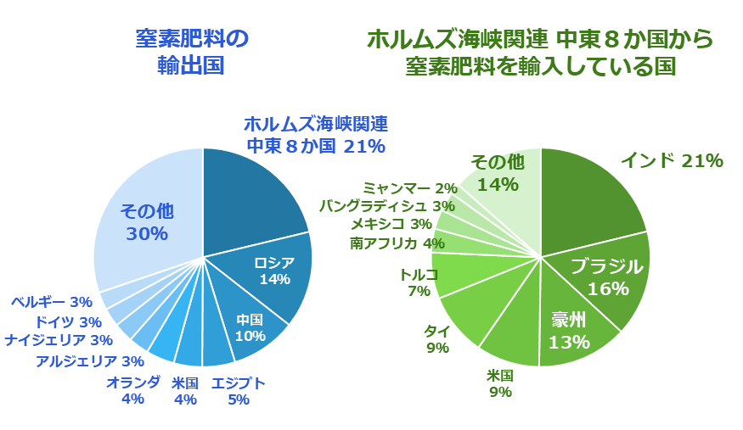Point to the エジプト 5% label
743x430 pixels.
point(238,391)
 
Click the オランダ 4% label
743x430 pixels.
point(132,390)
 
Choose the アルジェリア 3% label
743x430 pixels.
point(89,361)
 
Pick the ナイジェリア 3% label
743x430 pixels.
point(59,340)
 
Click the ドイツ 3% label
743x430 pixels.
point(67,321)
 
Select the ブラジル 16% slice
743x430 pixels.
point(606,277)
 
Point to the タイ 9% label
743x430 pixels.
point(437,339)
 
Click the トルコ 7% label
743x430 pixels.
point(419,282)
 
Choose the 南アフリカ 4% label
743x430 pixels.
point(397,243)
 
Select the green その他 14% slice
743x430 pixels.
point(498,173)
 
